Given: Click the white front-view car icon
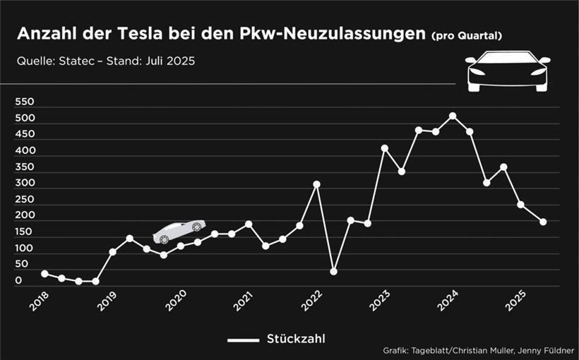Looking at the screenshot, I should coord(506,71).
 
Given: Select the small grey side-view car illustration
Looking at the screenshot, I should coord(179,231).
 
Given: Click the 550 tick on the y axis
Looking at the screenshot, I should coord(25,102).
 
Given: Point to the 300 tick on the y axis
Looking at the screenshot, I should coord(25,183).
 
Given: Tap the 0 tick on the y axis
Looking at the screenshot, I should coord(19,280).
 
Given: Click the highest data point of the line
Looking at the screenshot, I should coord(453,116).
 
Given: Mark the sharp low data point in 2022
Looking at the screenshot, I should coord(333,272).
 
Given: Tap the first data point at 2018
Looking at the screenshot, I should coord(44,273).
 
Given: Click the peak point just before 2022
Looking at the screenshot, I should coord(316,184).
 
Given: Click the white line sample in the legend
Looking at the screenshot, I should coord(244,340).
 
